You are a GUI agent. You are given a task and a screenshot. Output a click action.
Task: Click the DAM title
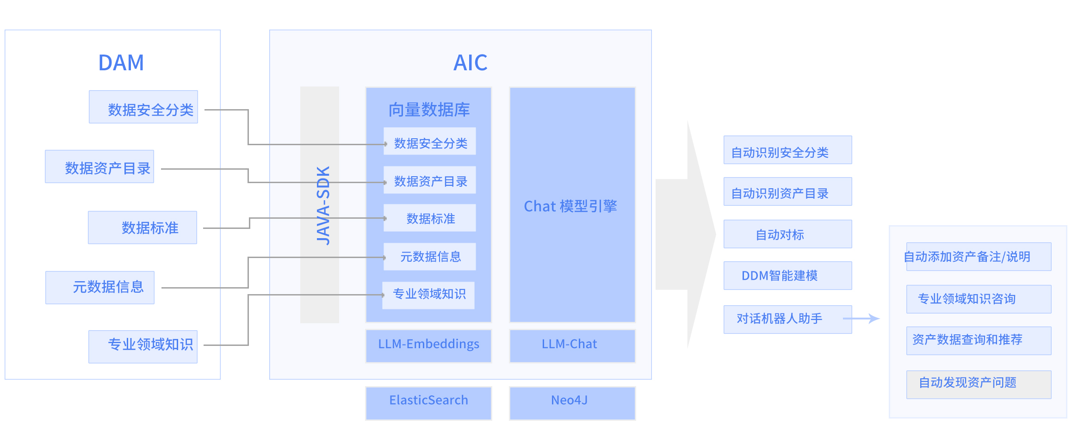tap(121, 62)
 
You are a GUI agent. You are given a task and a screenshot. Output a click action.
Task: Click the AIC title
tap(470, 62)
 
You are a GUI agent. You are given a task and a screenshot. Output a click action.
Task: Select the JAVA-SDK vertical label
tap(323, 205)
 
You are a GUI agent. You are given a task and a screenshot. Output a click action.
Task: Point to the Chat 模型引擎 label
tap(570, 206)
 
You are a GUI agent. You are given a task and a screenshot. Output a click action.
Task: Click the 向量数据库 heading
tap(429, 110)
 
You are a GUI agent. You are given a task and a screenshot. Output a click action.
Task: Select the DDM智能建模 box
tap(787, 276)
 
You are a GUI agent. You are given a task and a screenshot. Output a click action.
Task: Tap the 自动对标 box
tap(787, 234)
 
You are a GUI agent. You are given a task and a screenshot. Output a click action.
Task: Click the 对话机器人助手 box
tap(787, 319)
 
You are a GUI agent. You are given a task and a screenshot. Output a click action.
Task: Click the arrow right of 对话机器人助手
tap(861, 319)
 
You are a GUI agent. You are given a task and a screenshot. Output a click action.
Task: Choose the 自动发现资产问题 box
tap(979, 384)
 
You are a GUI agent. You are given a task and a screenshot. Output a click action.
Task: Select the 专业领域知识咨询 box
tap(979, 299)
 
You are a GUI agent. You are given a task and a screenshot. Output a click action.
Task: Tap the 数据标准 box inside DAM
tap(142, 228)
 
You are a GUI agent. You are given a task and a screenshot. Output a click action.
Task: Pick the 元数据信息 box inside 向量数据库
tap(430, 257)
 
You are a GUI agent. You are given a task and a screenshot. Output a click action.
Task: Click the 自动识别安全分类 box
tap(787, 150)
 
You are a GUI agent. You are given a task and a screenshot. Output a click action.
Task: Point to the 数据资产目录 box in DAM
tap(99, 166)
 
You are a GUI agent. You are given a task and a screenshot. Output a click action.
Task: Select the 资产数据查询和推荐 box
tap(979, 341)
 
